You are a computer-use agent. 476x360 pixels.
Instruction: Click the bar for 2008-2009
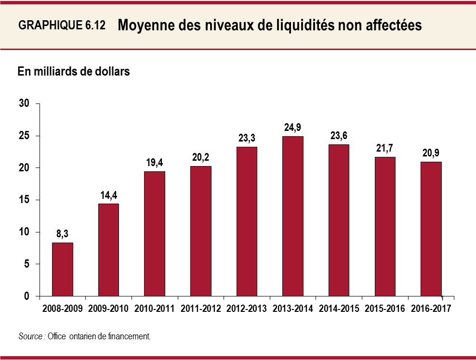63,269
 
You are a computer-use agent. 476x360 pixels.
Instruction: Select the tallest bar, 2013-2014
293,216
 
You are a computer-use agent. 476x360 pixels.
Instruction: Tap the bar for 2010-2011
155,233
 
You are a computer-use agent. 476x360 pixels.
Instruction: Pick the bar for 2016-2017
431,229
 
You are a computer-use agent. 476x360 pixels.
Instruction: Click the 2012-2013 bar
247,221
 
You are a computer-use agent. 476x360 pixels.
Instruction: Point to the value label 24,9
293,128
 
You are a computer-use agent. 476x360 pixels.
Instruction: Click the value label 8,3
63,234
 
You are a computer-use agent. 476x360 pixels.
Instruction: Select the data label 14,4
109,195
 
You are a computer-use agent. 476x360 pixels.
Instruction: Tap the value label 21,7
385,149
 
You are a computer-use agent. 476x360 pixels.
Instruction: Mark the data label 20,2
201,158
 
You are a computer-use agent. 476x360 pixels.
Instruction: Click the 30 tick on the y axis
25,104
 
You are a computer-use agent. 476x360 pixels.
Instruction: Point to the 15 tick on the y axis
25,200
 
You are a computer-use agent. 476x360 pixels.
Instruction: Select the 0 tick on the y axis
27,296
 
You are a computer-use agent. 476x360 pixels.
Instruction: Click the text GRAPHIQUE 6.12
62,26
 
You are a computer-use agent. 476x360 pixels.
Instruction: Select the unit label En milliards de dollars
74,72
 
